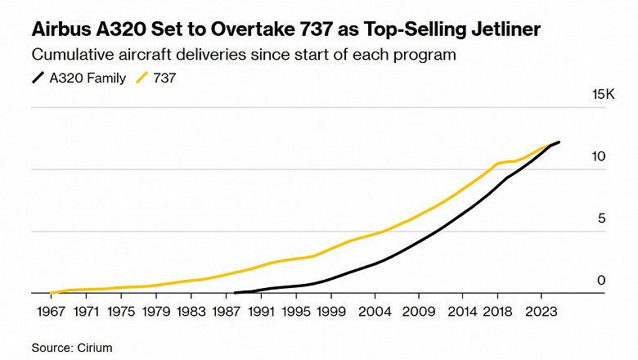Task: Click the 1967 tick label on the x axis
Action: (51, 312)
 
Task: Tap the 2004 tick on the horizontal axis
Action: (375, 312)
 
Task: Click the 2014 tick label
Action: (463, 312)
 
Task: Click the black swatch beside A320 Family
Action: (38, 79)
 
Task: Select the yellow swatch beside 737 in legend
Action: (142, 79)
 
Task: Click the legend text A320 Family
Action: (88, 79)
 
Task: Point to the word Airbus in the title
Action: (59, 31)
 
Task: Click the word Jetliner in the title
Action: (502, 31)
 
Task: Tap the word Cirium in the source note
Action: (93, 348)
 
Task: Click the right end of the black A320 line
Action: (559, 142)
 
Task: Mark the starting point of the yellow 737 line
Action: (51, 293)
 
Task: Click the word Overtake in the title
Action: (229, 31)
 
